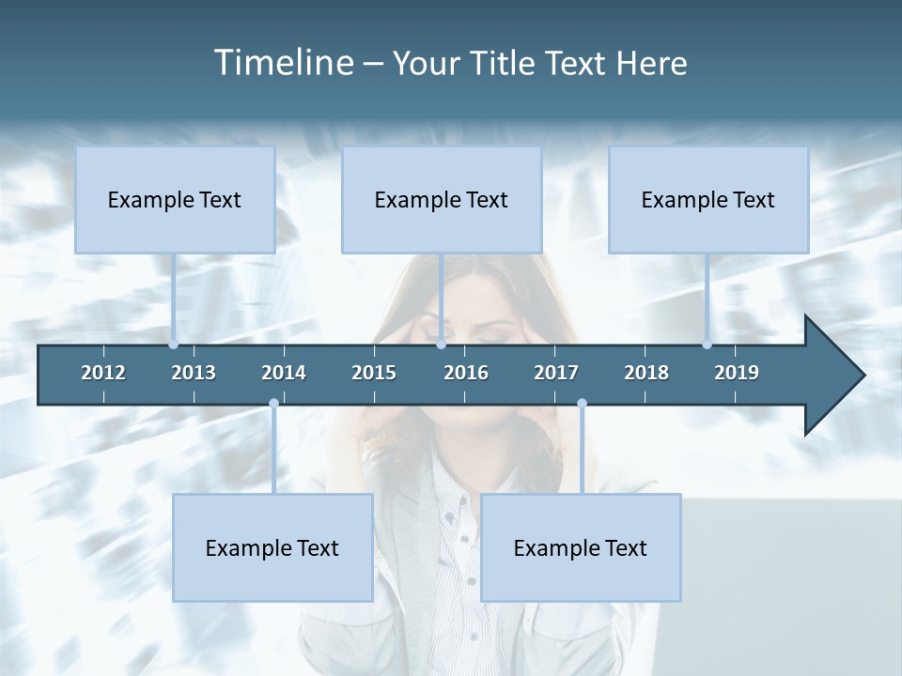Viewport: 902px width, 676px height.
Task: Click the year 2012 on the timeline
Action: click(x=103, y=373)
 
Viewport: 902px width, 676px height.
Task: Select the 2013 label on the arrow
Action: click(x=194, y=373)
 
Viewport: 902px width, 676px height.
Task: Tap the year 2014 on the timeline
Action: click(x=284, y=373)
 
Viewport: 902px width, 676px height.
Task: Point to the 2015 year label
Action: click(x=374, y=373)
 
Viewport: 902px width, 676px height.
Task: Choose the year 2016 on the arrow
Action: click(x=466, y=373)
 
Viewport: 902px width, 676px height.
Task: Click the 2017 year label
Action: click(x=556, y=373)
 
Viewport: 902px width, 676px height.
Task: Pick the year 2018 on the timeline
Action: click(x=646, y=373)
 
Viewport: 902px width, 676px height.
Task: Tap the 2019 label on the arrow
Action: click(x=737, y=373)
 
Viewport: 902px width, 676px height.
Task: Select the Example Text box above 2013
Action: click(x=175, y=199)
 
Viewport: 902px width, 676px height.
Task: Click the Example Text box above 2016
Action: click(x=442, y=199)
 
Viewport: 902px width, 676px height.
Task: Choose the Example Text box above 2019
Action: click(x=708, y=199)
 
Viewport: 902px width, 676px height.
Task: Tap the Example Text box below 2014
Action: click(x=272, y=547)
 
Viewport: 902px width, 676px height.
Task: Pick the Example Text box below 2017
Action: click(x=581, y=547)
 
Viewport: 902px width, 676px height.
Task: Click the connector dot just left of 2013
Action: click(x=174, y=345)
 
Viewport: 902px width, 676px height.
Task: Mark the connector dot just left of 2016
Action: click(x=442, y=345)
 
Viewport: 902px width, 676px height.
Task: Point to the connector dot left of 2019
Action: click(x=708, y=345)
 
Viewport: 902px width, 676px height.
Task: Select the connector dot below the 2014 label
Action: click(x=273, y=404)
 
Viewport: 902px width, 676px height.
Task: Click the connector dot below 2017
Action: click(x=582, y=404)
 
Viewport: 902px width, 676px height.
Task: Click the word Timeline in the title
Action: click(x=282, y=63)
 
